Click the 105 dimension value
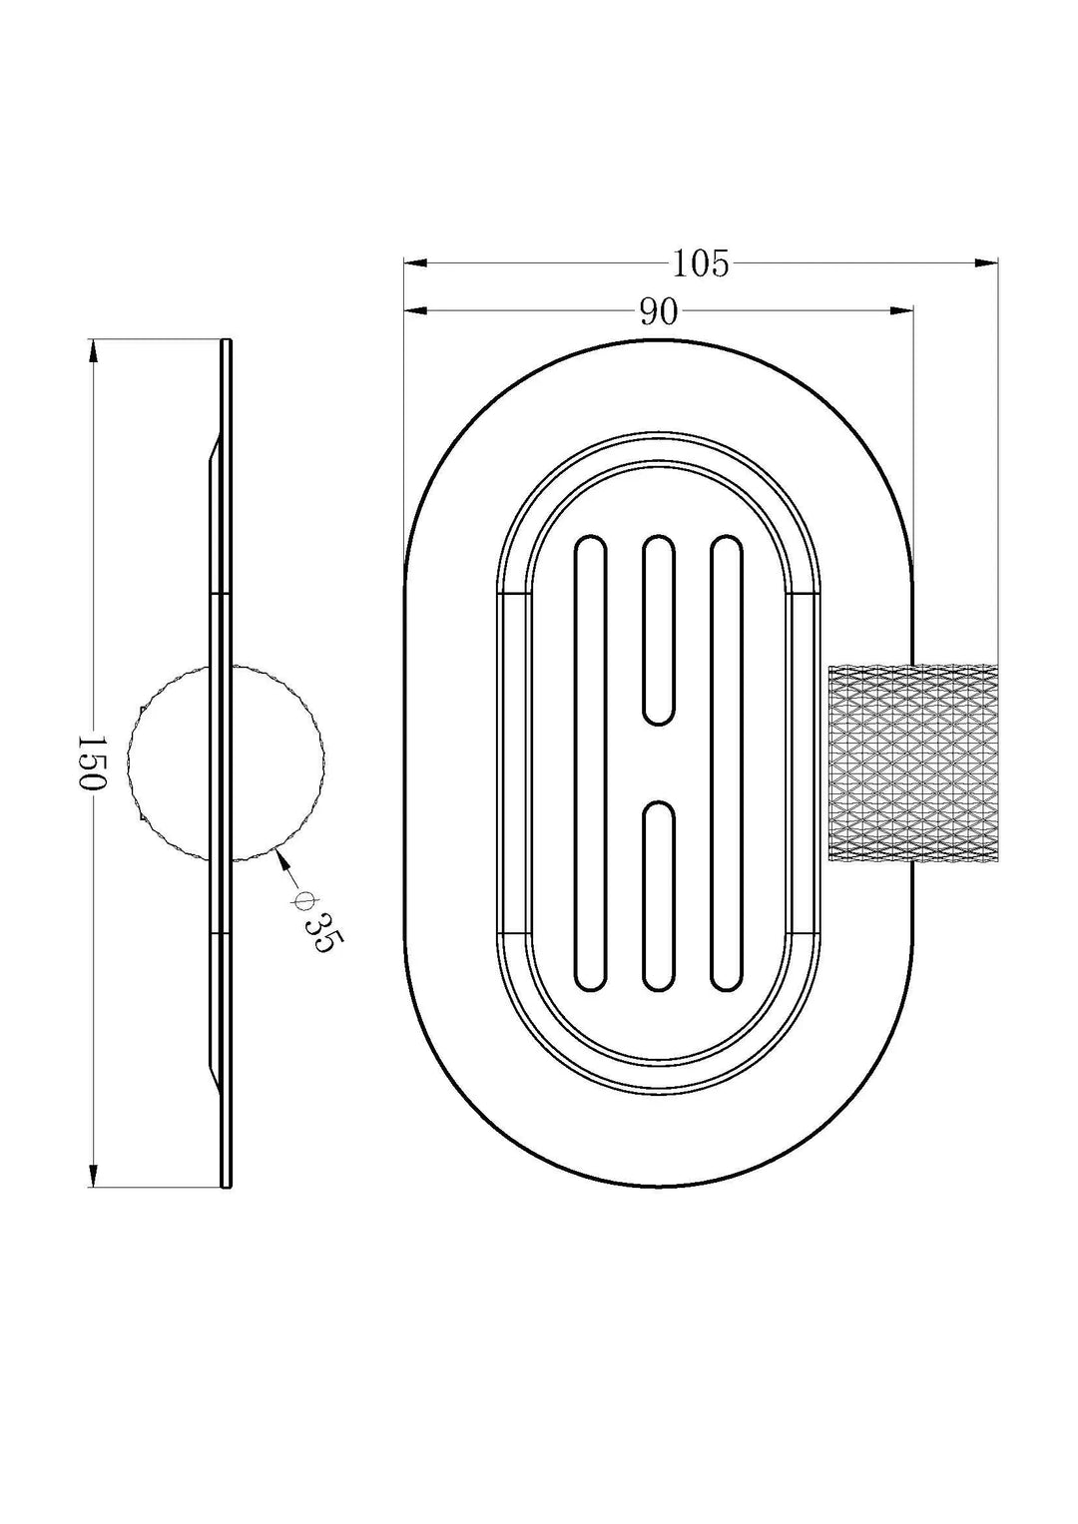[701, 263]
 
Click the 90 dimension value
[659, 312]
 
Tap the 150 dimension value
[91, 762]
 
